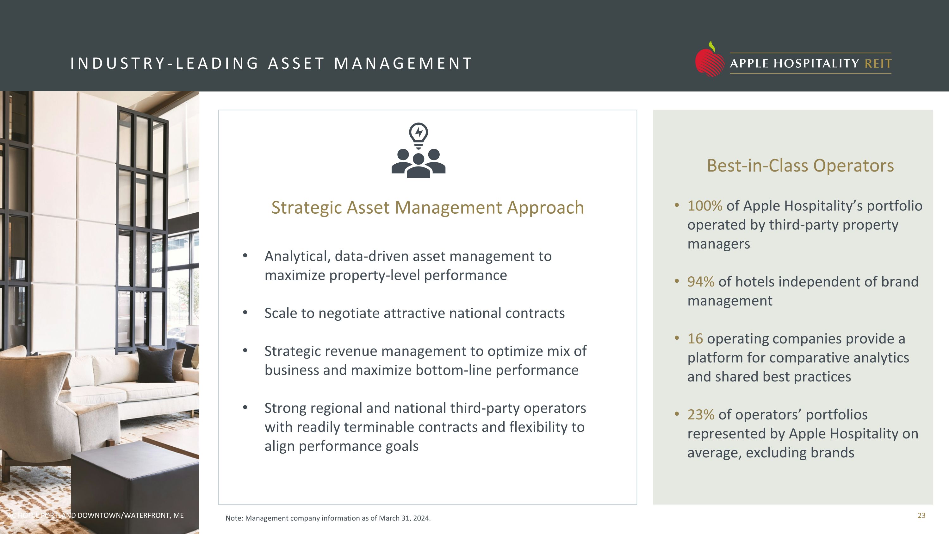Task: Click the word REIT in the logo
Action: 878,64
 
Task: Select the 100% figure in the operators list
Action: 704,206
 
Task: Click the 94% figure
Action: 700,281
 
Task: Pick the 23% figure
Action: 700,415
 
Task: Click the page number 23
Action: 921,515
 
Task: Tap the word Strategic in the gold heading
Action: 307,207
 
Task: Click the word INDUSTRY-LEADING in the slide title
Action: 165,63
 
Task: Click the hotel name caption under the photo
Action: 96,515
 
